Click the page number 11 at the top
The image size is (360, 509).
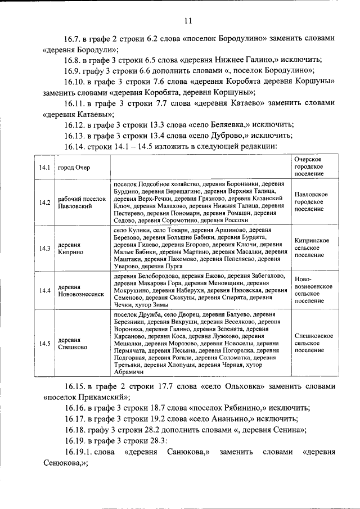pos(188,21)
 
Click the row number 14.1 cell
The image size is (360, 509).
pos(45,168)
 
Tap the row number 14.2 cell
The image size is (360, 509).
pos(45,202)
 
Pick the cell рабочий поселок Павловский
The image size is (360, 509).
pos(82,202)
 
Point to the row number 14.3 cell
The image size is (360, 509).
pos(45,248)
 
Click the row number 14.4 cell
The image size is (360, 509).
pos(45,290)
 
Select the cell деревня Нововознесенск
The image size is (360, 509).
pos(81,290)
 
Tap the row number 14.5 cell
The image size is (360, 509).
pos(45,343)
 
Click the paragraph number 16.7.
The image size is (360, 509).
pos(72,38)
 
